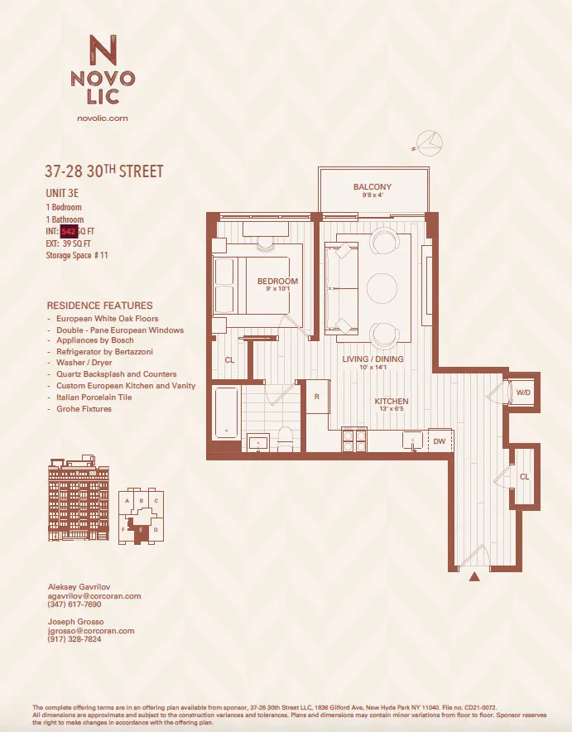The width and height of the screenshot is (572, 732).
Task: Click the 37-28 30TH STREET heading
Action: (104, 172)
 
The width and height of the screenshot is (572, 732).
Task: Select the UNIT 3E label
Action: (62, 193)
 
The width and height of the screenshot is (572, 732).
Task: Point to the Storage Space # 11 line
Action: (77, 256)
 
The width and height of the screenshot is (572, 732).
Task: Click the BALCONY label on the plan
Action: (373, 187)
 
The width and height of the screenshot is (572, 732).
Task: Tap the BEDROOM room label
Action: (277, 282)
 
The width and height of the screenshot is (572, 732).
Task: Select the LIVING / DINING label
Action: (373, 359)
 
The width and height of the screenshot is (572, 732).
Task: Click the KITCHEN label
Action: (391, 402)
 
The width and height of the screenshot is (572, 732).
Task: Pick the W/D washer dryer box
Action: (524, 392)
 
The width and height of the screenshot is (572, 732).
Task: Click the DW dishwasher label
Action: (439, 441)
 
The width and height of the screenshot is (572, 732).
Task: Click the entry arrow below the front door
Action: (474, 577)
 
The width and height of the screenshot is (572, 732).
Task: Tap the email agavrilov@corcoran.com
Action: (94, 596)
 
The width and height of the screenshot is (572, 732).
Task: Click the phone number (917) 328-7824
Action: (75, 639)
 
